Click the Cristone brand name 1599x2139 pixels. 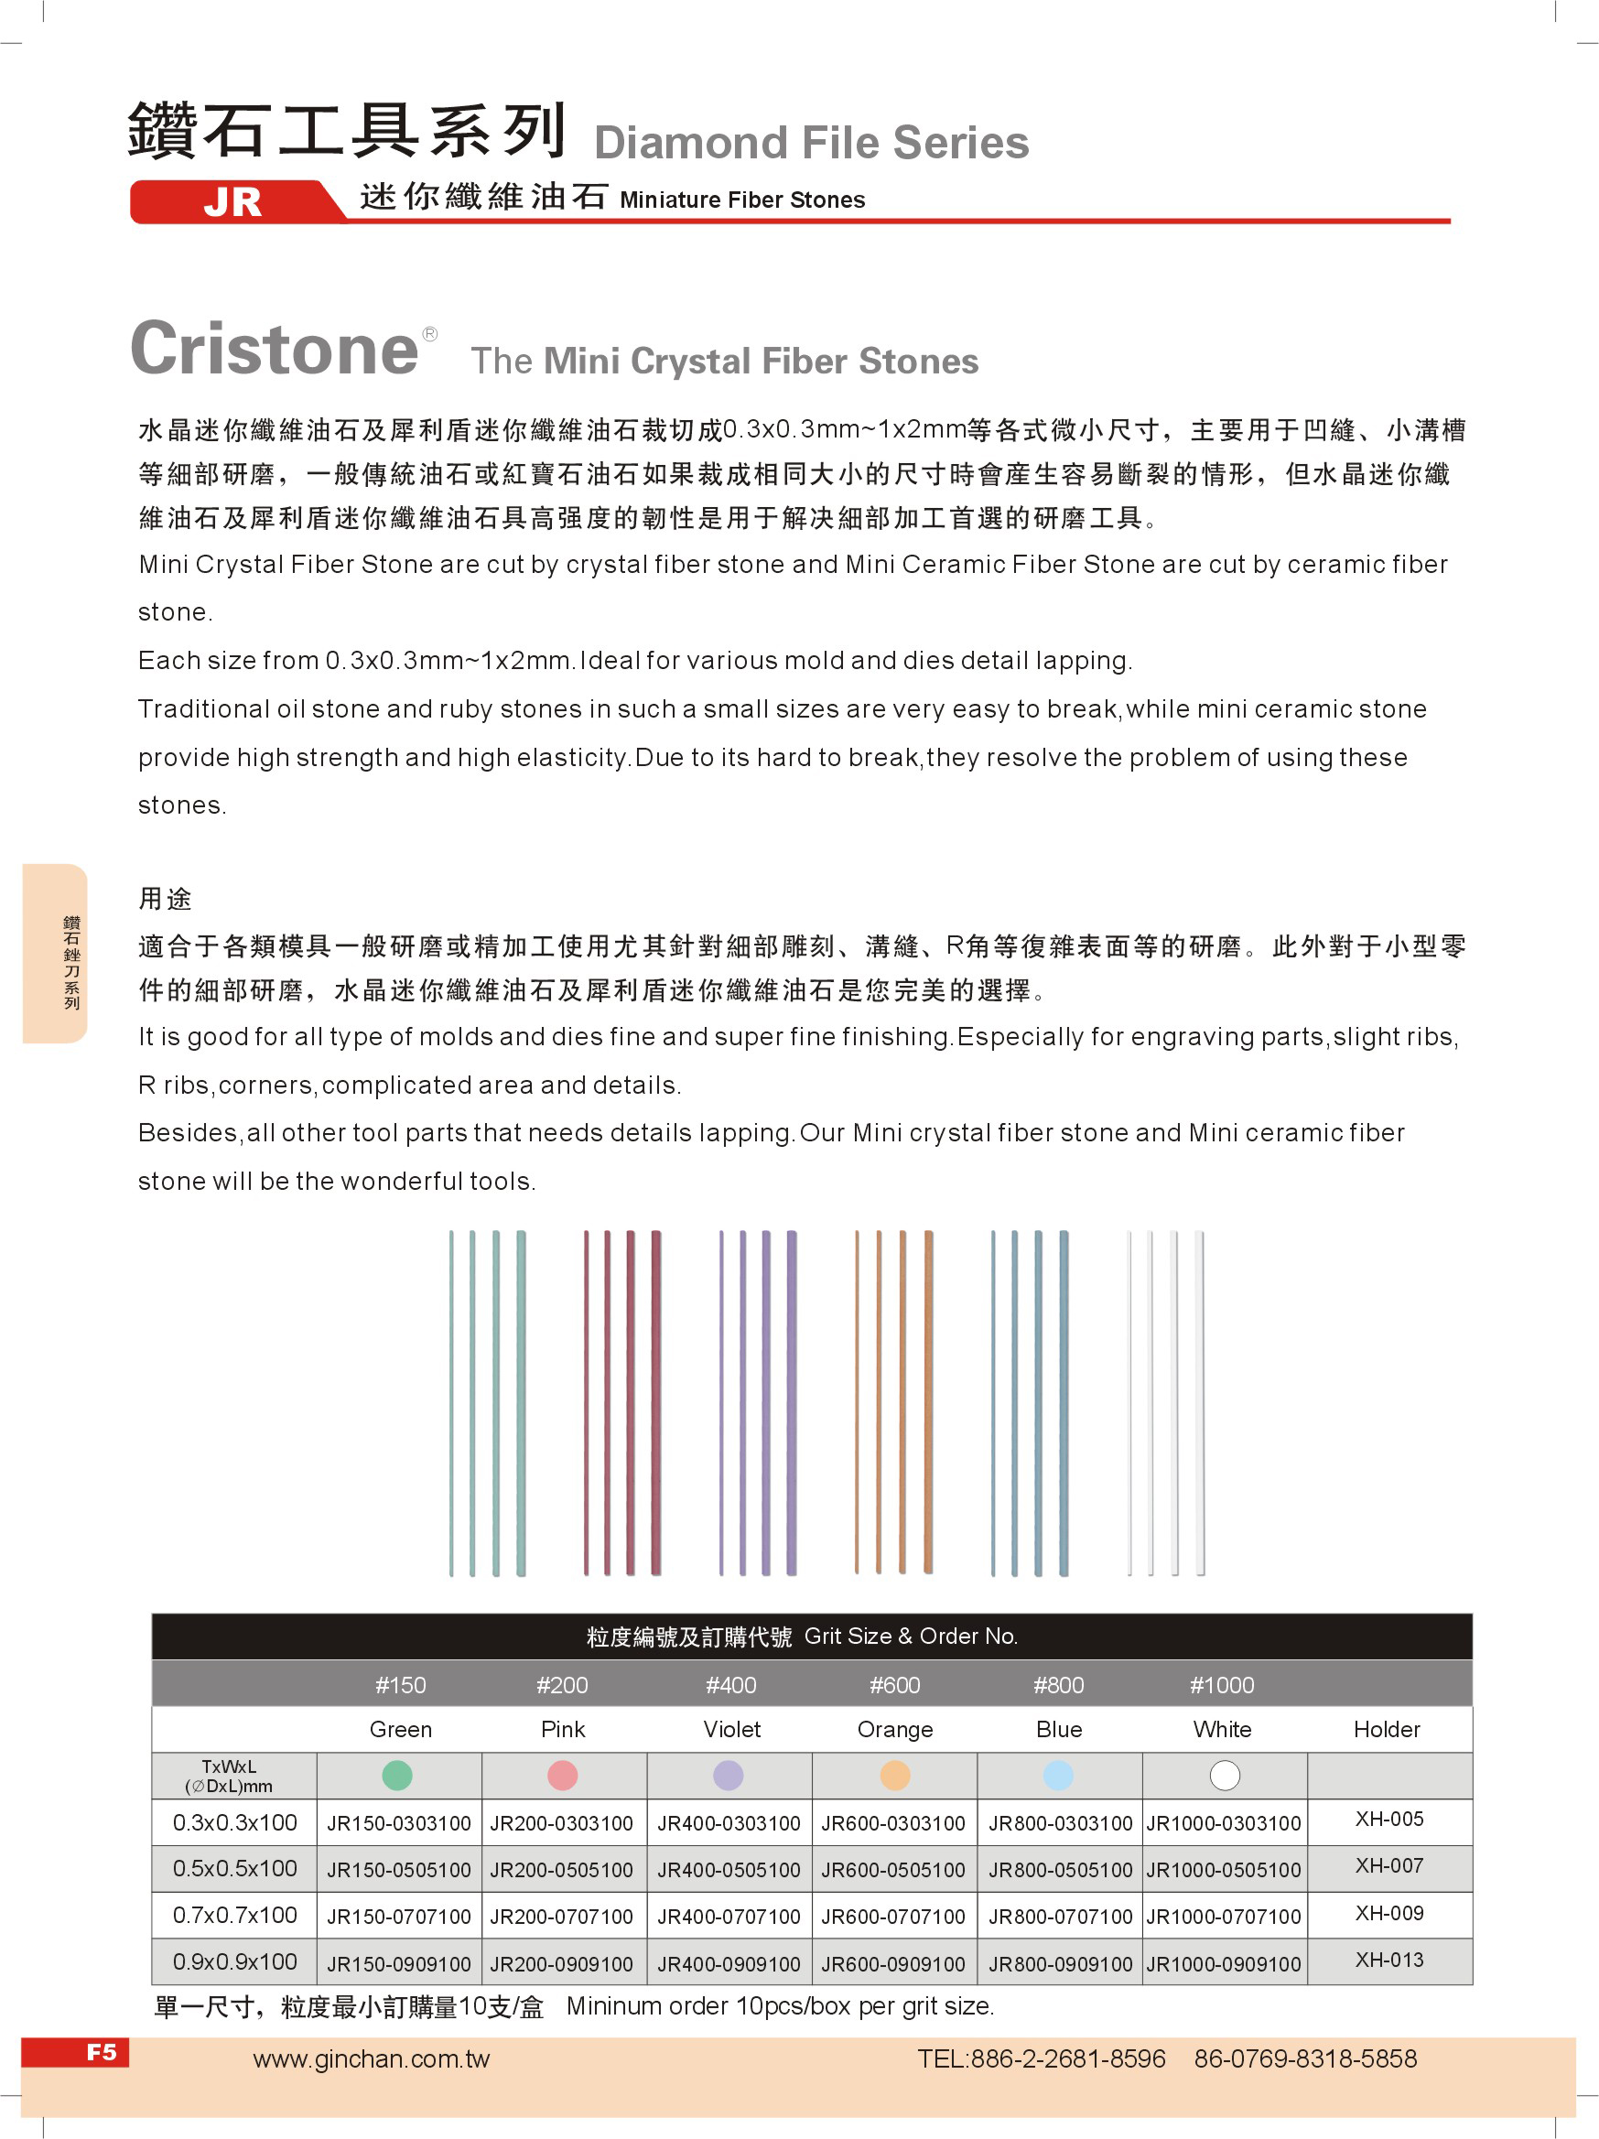(x=275, y=349)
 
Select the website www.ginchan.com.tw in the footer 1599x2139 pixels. (x=372, y=2058)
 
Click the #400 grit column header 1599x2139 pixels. (x=731, y=1685)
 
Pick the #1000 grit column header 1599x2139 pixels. (x=1222, y=1685)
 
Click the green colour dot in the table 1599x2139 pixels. (x=397, y=1776)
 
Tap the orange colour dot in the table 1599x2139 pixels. (x=895, y=1776)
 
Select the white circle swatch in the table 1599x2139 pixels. (x=1225, y=1776)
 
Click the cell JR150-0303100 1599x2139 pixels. (x=398, y=1824)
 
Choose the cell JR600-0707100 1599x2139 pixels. (x=893, y=1917)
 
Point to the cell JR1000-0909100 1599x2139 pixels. (x=1224, y=1964)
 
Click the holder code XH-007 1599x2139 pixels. (x=1389, y=1865)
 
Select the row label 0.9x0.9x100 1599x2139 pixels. (x=235, y=1962)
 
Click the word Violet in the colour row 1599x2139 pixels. (x=732, y=1730)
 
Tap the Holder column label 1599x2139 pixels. (x=1387, y=1730)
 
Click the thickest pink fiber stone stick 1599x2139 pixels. (x=655, y=1402)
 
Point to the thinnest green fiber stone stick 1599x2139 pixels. (x=451, y=1402)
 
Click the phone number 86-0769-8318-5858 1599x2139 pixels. (x=1305, y=2058)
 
